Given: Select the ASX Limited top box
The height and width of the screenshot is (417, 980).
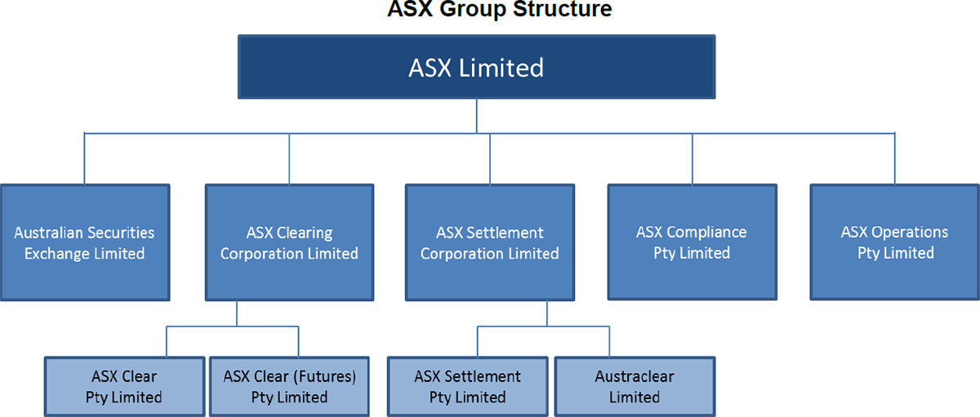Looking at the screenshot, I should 476,67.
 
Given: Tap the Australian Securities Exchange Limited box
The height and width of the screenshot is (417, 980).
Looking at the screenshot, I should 84,242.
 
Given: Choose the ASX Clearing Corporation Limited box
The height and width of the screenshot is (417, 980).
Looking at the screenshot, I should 288,242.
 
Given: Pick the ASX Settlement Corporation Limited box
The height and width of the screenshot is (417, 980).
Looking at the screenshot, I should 489,242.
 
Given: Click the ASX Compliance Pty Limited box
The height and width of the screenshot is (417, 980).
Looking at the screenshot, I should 691,242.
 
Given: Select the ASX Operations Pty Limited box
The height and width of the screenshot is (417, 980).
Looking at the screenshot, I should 894,242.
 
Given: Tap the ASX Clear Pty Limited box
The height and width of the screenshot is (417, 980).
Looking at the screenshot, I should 123,387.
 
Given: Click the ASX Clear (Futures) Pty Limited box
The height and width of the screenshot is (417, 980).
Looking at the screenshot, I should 290,387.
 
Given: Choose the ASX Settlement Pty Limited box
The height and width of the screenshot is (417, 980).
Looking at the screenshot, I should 467,387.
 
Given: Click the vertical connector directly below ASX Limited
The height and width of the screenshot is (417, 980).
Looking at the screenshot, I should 476,116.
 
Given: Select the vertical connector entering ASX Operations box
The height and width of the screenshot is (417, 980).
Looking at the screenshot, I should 894,159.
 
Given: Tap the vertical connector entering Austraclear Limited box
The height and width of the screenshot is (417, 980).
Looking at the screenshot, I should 608,342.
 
